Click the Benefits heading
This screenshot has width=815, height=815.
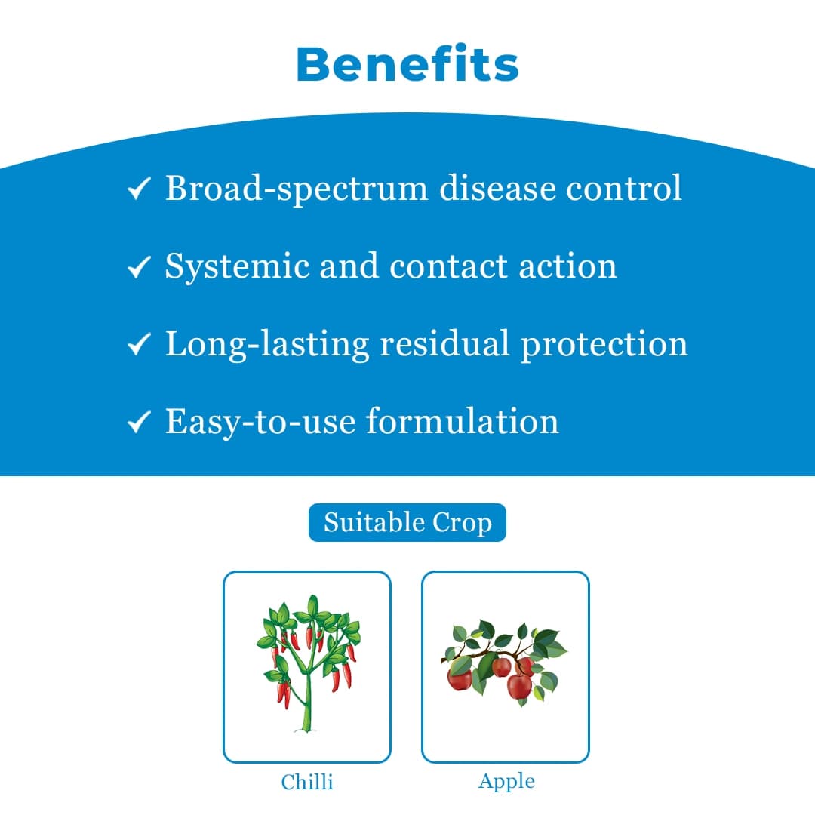(x=407, y=65)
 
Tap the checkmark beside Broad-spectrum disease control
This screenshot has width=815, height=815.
(x=140, y=189)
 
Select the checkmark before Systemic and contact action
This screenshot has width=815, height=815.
(x=140, y=266)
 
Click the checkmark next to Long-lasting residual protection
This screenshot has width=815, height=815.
(x=140, y=345)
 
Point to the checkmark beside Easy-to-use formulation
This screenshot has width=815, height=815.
(x=140, y=423)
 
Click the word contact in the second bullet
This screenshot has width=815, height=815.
(x=448, y=266)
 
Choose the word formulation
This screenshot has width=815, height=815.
(x=463, y=421)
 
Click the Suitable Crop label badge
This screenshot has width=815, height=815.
(x=407, y=522)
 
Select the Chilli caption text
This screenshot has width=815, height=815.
(x=307, y=782)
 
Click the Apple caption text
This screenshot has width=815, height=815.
(x=506, y=781)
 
